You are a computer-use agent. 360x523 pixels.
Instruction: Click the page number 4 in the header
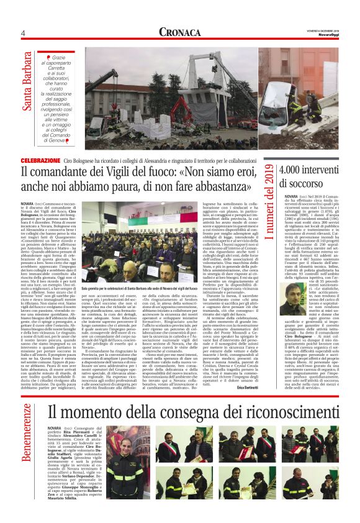click(22, 33)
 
